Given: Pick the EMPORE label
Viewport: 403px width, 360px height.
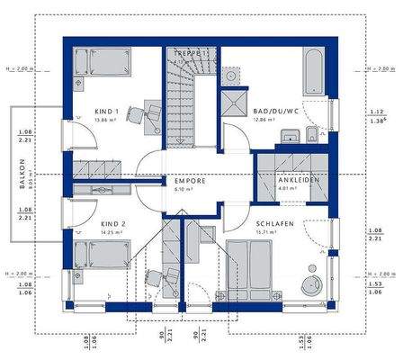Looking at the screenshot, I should click(x=190, y=181).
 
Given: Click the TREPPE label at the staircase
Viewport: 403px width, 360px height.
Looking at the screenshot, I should click(x=191, y=54).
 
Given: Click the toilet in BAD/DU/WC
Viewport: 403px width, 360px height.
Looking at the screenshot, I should click(x=309, y=136).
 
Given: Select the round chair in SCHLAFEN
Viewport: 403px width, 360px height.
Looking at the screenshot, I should click(x=317, y=276).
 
